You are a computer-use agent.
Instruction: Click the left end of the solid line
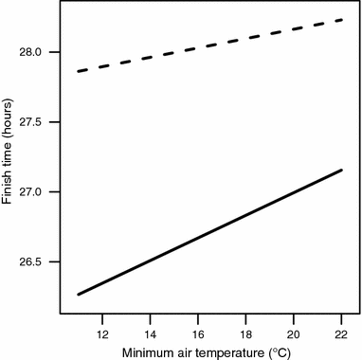[x=79, y=295]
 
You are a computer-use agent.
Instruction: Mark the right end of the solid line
[x=341, y=171]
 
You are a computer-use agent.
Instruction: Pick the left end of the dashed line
[x=79, y=71]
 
